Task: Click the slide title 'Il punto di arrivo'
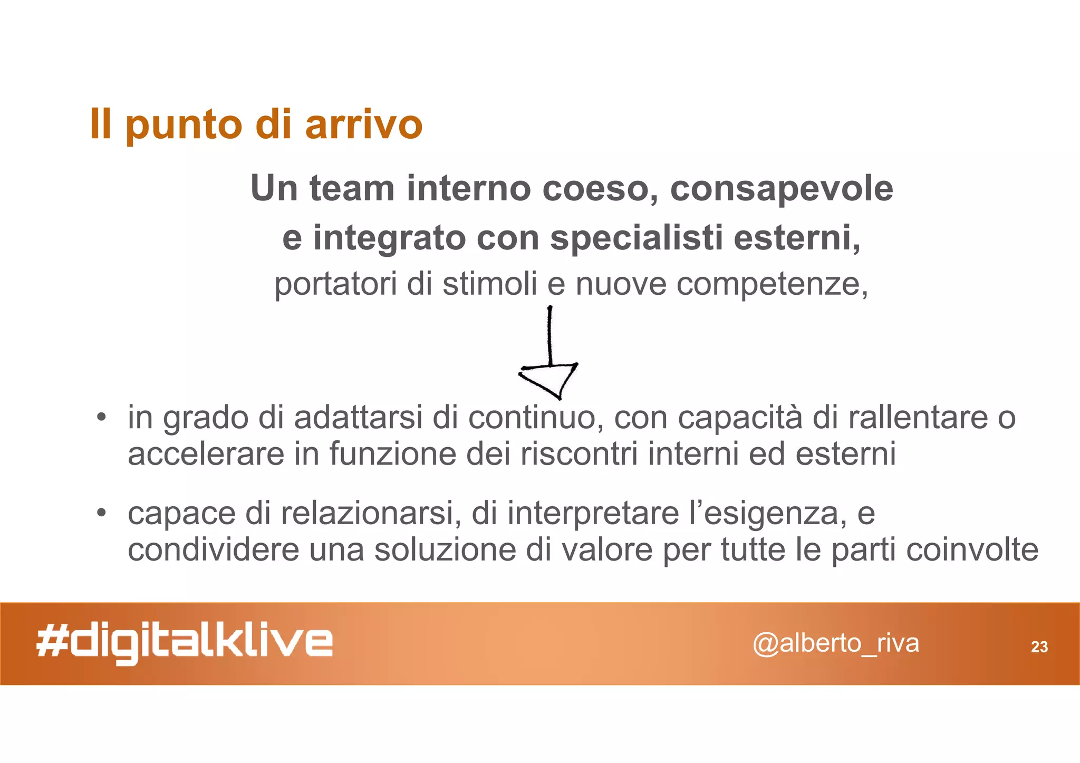coord(256,124)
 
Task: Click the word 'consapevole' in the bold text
coord(782,189)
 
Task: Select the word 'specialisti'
coord(635,238)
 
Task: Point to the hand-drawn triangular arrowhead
coord(549,379)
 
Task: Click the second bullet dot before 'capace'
coord(101,513)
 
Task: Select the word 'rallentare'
coord(918,418)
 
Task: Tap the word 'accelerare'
coord(206,454)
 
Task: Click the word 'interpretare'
coord(593,514)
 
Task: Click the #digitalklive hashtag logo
coord(185,643)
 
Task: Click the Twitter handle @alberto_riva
coord(835,643)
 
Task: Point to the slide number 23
coord(1039,647)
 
